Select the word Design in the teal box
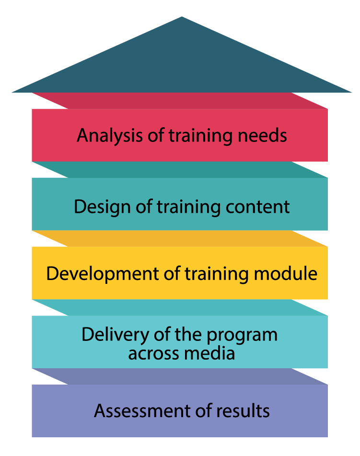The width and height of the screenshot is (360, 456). coord(99,207)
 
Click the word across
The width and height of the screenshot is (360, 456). coord(153,353)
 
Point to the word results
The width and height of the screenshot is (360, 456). coord(244,411)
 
